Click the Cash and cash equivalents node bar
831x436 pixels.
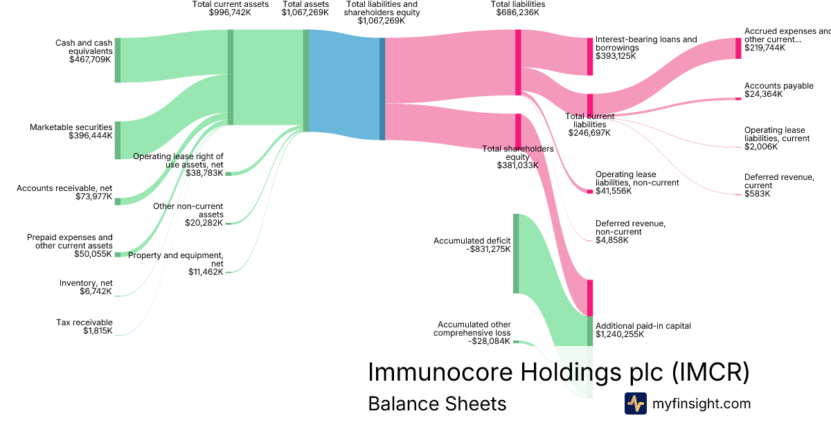click(118, 60)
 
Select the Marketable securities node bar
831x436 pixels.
click(118, 140)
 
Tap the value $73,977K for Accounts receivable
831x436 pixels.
click(93, 197)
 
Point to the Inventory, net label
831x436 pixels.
click(86, 283)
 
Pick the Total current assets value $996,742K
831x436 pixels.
click(230, 12)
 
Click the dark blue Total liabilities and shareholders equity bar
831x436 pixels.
click(382, 89)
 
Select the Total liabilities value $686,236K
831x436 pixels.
click(517, 12)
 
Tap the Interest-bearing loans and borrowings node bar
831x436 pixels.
click(590, 56)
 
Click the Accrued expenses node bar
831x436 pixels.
click(738, 48)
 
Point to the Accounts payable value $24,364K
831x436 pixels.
click(763, 94)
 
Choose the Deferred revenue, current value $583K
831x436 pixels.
click(757, 194)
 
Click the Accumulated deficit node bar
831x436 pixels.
click(516, 253)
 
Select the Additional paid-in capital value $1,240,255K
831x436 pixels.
click(620, 334)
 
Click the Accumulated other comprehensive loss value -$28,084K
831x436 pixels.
click(489, 341)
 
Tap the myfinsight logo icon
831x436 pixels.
click(635, 403)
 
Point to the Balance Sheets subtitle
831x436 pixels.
click(437, 403)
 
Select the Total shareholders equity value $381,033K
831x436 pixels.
click(517, 165)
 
